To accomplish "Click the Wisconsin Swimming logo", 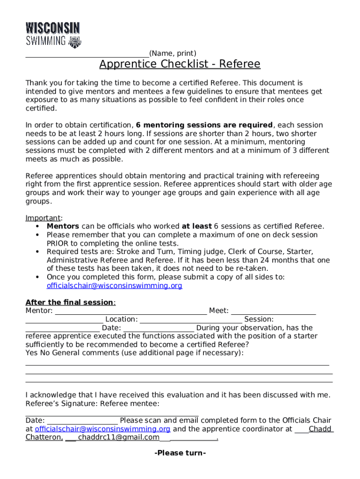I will (x=53, y=35).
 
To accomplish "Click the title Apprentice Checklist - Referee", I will (x=180, y=64).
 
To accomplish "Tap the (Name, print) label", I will (x=173, y=53).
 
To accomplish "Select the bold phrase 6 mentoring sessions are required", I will (x=204, y=125).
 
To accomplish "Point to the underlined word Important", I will (x=43, y=218).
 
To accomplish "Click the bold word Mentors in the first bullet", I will (x=63, y=226).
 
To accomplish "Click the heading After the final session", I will (x=70, y=302).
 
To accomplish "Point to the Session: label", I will (x=259, y=319).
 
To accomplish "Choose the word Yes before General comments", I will (x=31, y=353).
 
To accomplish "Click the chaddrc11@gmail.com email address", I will (x=119, y=437).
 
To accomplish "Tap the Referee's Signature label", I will (x=61, y=404).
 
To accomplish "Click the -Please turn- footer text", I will (x=180, y=453).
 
